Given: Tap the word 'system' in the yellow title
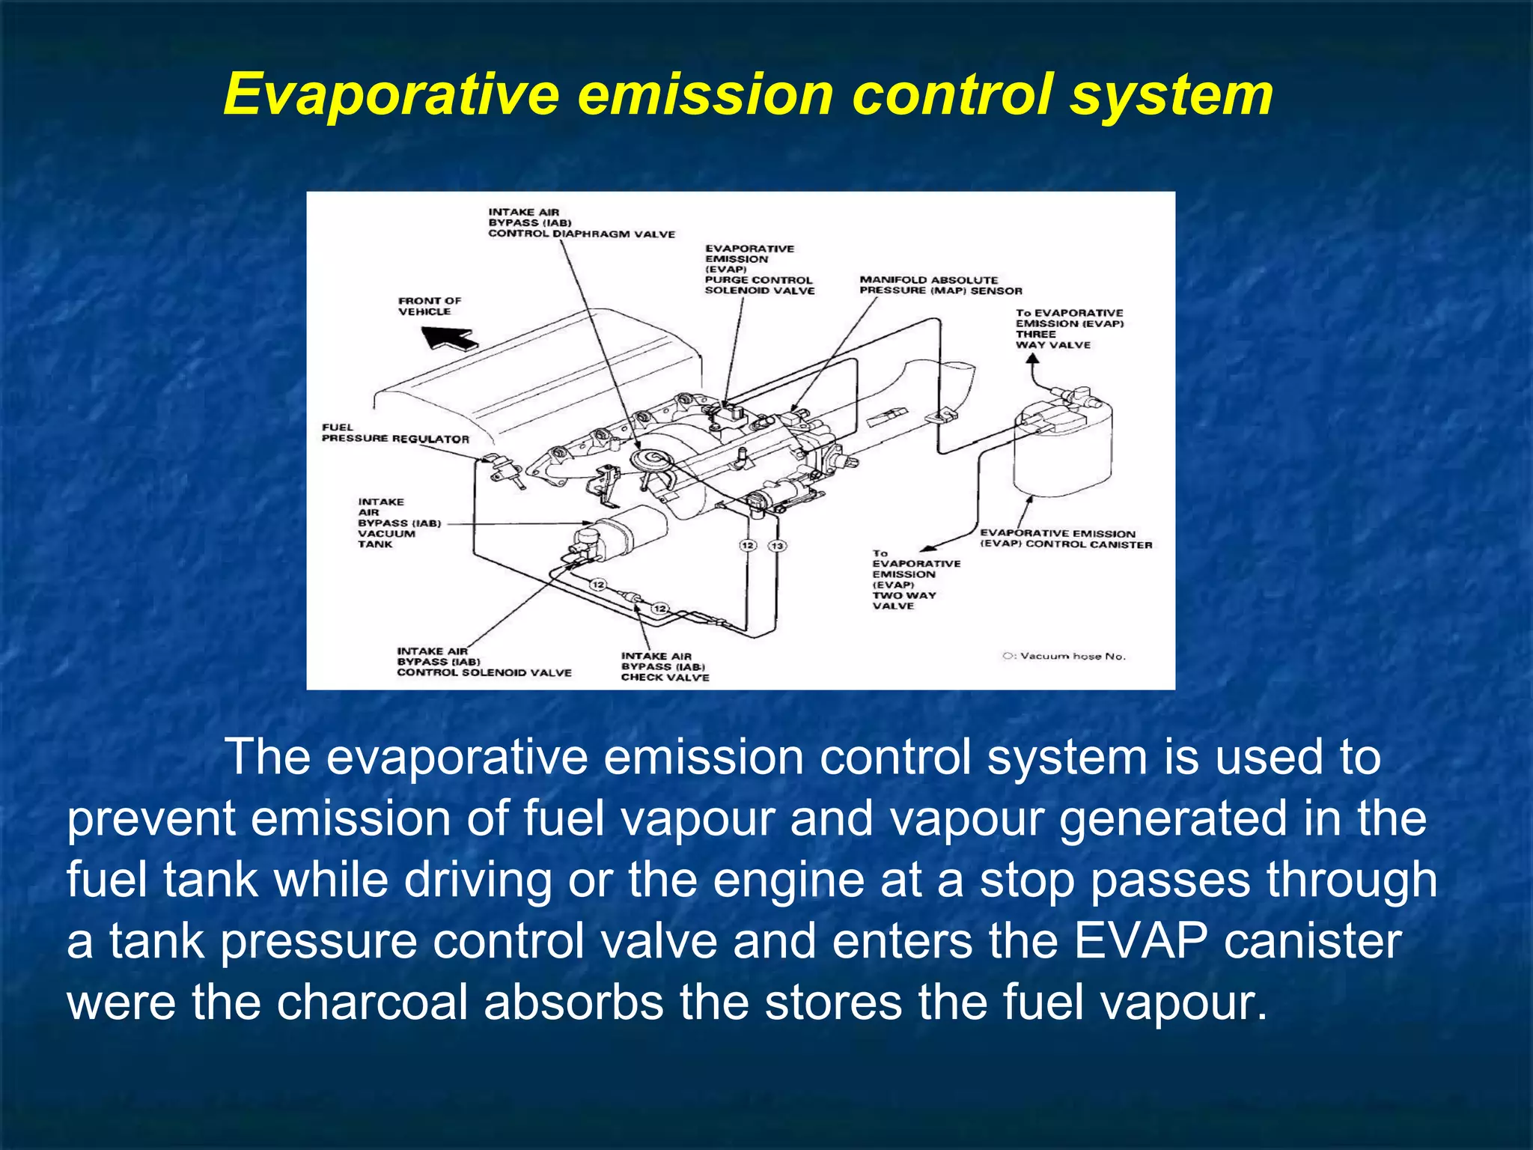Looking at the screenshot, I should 1171,96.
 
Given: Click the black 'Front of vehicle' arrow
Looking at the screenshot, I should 448,338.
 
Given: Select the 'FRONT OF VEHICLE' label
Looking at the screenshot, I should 429,306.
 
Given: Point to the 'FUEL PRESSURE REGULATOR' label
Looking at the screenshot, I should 394,433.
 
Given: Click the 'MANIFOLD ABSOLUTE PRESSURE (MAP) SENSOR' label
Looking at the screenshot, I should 940,285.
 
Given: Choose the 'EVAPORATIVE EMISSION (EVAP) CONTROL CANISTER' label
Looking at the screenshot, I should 1065,539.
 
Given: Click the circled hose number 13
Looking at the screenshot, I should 777,546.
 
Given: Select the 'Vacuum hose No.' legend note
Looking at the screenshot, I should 1064,657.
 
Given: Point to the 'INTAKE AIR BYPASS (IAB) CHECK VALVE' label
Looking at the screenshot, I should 664,666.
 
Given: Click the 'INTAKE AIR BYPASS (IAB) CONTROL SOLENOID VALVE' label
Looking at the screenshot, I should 484,662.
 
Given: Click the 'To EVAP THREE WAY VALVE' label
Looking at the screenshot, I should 1069,329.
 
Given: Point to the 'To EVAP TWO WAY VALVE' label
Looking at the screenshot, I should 915,579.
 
